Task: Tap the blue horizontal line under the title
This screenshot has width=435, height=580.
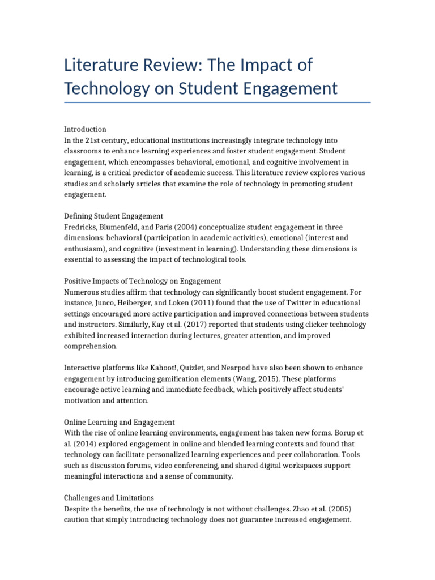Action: click(x=217, y=103)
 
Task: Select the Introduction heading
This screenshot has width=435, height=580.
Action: click(x=85, y=129)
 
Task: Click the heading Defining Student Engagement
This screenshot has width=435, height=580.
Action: click(x=113, y=216)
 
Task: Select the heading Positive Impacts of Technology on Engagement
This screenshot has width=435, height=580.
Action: click(x=142, y=281)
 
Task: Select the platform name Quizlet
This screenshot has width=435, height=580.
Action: click(x=198, y=368)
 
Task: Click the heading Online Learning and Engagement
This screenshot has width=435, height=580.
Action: click(x=119, y=422)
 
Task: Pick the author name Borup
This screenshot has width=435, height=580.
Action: click(x=334, y=433)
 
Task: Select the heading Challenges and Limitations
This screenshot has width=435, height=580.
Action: click(x=109, y=498)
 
